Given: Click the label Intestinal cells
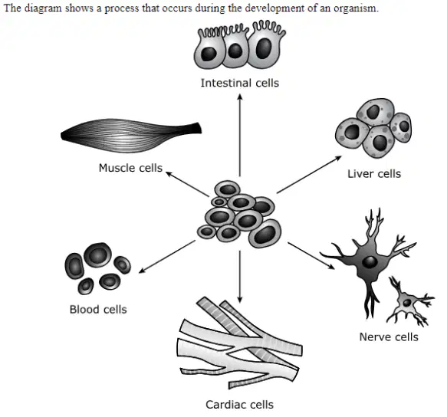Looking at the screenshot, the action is coord(240,83).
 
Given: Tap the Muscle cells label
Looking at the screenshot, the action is coord(130,168).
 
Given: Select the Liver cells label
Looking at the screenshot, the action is coord(374,174).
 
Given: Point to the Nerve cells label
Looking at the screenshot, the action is coord(389,337).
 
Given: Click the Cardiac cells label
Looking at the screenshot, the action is coord(239,405).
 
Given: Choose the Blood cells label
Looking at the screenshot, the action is coord(98,309).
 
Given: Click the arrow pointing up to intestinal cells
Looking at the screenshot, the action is coord(240,135).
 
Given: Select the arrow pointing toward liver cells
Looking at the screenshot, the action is coord(309,175).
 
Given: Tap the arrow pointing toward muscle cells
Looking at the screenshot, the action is coord(187,184).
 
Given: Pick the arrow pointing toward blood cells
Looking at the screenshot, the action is coord(167,257).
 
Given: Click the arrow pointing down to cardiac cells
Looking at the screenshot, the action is coord(240,277).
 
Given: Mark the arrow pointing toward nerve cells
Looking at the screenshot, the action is coord(311,256).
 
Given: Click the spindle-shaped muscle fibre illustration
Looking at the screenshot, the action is coord(131,136).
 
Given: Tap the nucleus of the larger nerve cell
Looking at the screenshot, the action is coord(370,261).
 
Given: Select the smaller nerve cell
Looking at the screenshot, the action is coord(410,301).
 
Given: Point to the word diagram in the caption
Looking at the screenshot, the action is coord(42,8).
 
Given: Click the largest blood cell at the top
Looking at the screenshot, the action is coord(97,255).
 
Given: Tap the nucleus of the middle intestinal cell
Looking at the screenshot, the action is coord(235,51).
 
